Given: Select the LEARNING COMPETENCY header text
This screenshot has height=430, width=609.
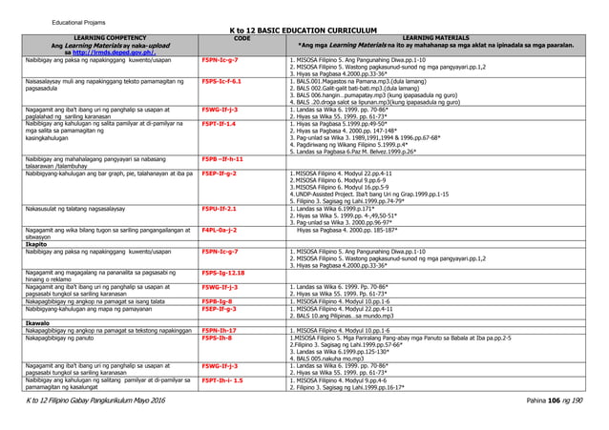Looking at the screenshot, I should click(99, 39).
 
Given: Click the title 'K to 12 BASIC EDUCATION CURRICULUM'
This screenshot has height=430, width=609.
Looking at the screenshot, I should click(304, 29).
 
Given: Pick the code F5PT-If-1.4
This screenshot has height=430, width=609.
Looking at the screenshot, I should click(219, 125).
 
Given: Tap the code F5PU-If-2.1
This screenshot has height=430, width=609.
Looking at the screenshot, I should click(220, 207).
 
